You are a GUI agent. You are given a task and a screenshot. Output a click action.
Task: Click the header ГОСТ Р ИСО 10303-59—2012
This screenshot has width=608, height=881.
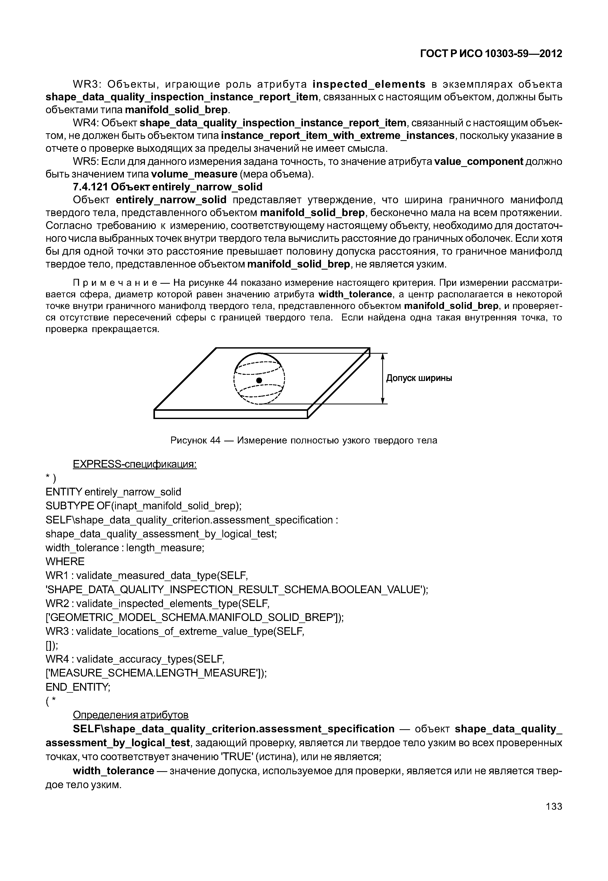point(491,54)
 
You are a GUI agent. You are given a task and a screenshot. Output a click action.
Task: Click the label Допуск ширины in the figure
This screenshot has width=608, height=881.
point(419,378)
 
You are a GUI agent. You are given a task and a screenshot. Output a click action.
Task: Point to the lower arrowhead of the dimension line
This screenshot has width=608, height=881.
point(383,400)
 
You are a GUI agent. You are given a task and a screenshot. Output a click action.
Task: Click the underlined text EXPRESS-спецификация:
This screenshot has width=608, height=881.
point(134,465)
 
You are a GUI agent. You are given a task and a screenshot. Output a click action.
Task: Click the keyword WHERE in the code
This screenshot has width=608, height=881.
point(65,562)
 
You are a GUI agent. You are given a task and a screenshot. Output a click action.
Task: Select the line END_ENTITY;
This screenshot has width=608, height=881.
point(78,687)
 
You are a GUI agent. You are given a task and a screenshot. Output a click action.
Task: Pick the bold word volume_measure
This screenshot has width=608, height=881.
point(194,174)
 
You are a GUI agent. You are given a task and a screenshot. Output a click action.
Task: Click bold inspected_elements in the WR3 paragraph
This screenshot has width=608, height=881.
point(368,84)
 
